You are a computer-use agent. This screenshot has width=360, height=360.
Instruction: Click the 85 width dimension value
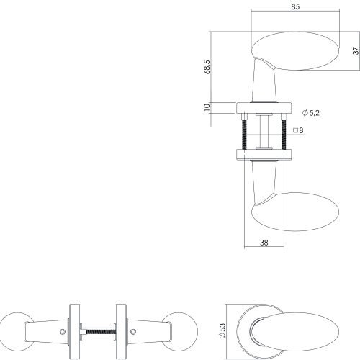[295, 6]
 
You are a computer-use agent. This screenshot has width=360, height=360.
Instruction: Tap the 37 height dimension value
[356, 50]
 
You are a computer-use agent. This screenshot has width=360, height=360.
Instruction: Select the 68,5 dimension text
[207, 67]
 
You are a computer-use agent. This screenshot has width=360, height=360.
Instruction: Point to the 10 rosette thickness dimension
[207, 107]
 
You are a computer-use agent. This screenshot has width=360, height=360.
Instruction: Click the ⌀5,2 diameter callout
[311, 113]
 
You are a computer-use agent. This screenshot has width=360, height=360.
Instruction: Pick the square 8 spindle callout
[298, 130]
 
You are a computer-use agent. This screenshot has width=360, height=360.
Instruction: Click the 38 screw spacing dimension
[264, 243]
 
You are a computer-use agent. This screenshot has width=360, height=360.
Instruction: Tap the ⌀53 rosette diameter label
[223, 330]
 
